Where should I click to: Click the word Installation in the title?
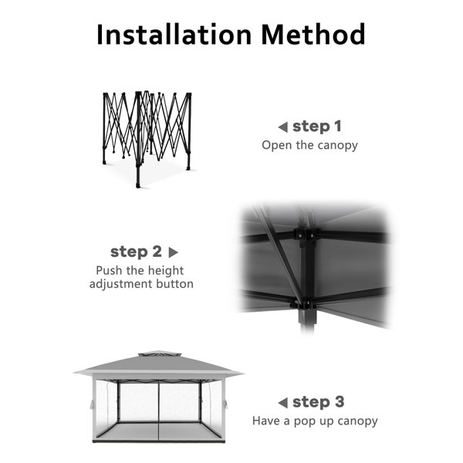click(174, 34)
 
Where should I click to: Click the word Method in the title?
click(313, 34)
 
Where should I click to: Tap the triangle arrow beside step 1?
click(282, 127)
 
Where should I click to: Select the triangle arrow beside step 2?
click(173, 252)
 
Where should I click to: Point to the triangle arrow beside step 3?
click(282, 403)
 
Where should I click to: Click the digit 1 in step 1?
click(337, 127)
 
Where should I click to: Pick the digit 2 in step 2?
click(157, 252)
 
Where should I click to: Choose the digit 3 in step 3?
click(340, 402)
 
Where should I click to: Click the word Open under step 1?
click(277, 145)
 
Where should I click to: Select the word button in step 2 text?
click(175, 284)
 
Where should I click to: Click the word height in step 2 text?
click(166, 271)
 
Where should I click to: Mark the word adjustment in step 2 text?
click(121, 284)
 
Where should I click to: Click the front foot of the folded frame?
click(138, 185)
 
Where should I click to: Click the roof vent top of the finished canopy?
click(159, 353)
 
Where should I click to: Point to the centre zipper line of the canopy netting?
click(159, 411)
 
